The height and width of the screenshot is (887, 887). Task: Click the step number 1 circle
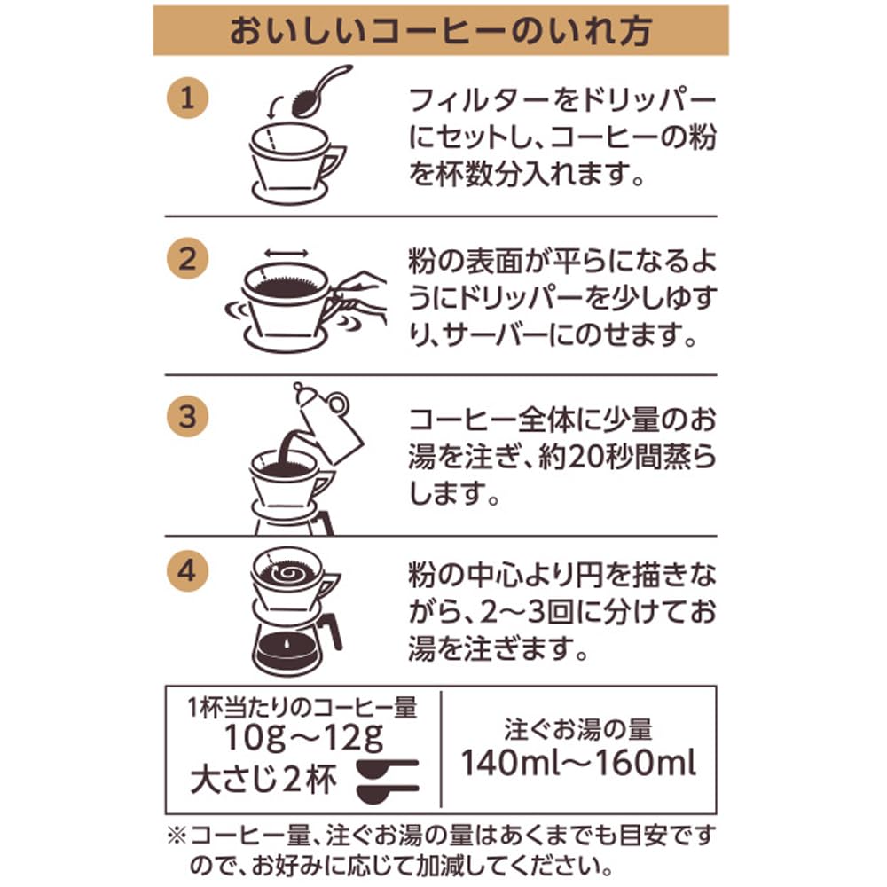[x=188, y=98]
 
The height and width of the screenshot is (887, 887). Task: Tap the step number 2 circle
[x=188, y=258]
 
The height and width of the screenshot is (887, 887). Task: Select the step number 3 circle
[x=188, y=416]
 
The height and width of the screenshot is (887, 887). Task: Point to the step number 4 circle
[x=188, y=570]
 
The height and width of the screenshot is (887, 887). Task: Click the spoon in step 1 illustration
[x=320, y=90]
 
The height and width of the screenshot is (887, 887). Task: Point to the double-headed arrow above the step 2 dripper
[x=287, y=253]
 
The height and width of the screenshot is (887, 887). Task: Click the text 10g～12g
[x=303, y=738]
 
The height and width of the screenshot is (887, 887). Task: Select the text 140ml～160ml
[x=578, y=763]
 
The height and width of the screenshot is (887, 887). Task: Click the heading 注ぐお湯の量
[x=578, y=729]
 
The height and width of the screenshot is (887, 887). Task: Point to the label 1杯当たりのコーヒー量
[x=302, y=707]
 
